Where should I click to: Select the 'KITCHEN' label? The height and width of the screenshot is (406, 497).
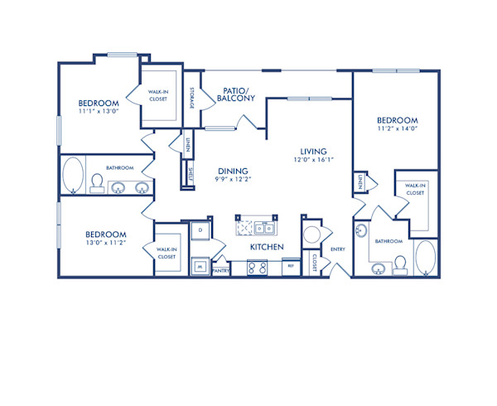pyautogui.click(x=268, y=247)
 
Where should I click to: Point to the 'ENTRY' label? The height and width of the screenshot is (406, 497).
pyautogui.click(x=338, y=249)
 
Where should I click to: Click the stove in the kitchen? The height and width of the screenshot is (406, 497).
pyautogui.click(x=256, y=267)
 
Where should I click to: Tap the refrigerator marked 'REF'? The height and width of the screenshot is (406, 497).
pyautogui.click(x=290, y=267)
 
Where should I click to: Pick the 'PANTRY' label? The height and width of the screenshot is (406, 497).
pyautogui.click(x=221, y=270)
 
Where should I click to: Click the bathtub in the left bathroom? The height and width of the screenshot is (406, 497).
pyautogui.click(x=73, y=174)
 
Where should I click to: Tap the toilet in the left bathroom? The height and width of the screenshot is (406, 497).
pyautogui.click(x=96, y=181)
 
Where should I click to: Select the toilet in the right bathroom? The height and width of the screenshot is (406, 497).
pyautogui.click(x=399, y=263)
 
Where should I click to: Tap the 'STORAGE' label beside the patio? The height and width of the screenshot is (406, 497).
pyautogui.click(x=192, y=98)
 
